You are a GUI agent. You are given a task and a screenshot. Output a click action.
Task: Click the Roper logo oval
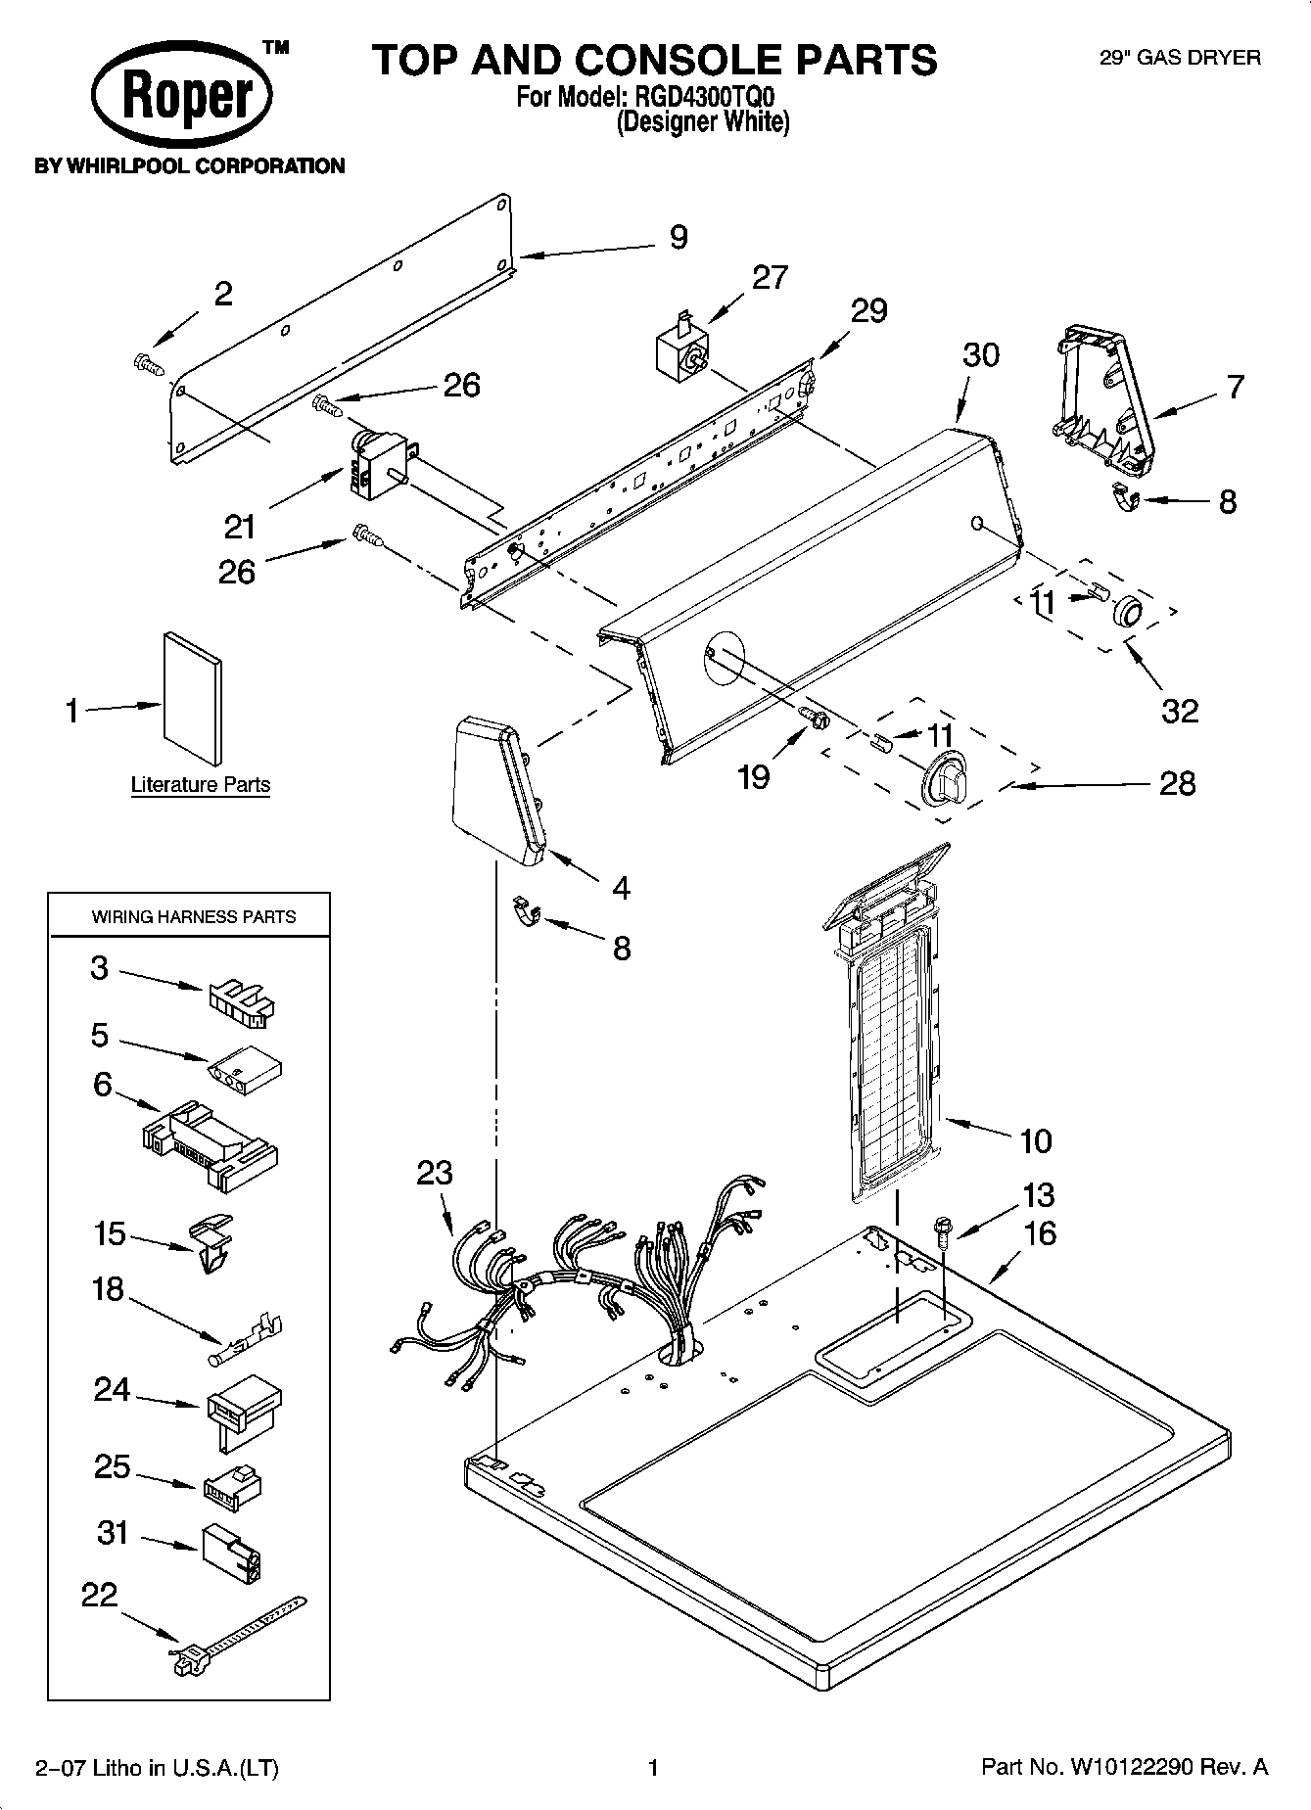pos(181,97)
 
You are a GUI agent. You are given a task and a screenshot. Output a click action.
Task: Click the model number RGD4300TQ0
pos(699,98)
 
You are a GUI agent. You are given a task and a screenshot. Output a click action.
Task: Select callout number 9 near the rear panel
pos(679,238)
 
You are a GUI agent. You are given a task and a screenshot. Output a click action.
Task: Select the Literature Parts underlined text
pos(201,785)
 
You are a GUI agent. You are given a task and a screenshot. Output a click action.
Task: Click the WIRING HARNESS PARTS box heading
pos(194,917)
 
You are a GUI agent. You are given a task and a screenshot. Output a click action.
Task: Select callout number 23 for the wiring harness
pos(435,1173)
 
